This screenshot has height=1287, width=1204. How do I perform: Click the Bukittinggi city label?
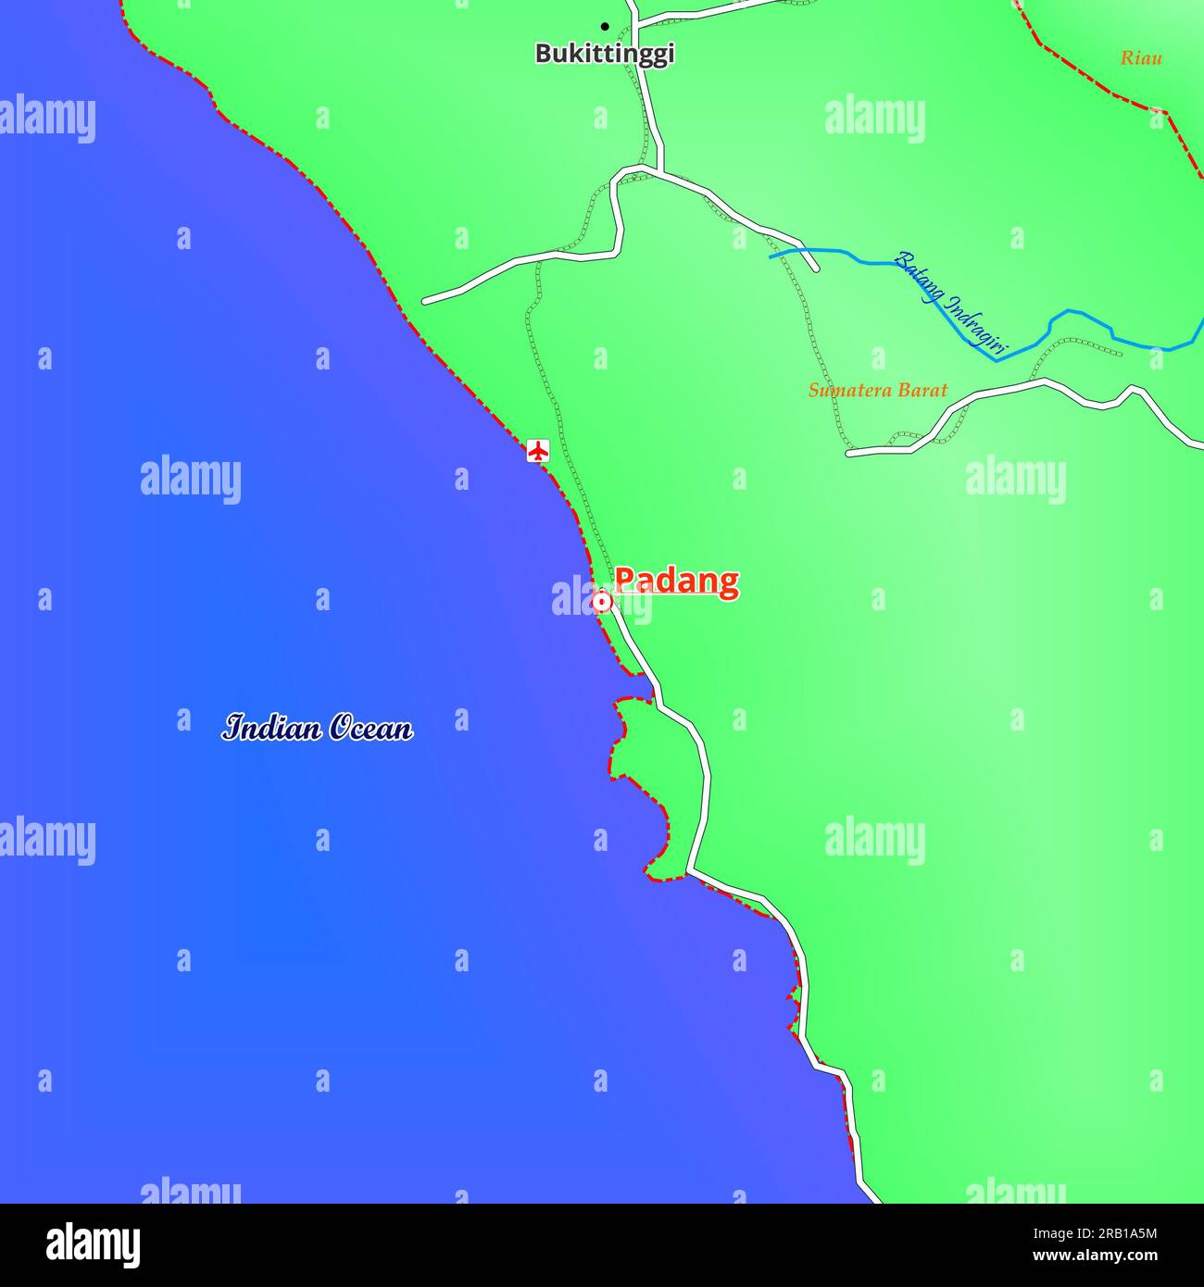point(605,54)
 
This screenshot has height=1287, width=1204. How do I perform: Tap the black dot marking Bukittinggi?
point(605,26)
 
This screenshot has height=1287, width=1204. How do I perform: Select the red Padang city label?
point(677,581)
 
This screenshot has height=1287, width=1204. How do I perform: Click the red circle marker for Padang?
point(601,603)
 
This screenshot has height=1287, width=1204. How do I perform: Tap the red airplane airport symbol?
point(538,451)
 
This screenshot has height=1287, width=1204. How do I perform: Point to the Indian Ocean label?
point(318,728)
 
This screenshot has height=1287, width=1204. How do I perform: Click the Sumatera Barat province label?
point(878,390)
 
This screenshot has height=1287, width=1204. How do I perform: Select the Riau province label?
point(1141,58)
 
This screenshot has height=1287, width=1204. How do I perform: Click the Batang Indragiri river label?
point(950,304)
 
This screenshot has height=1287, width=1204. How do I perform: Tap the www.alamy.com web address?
point(1094,1256)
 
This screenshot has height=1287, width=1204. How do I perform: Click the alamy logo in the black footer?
point(93,1244)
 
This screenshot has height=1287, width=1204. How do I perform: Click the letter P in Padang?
point(626,581)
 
